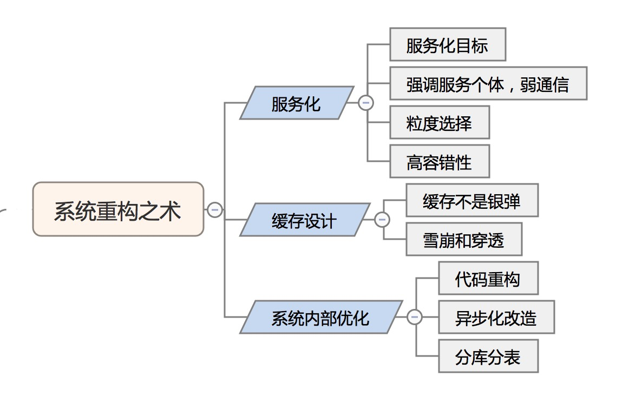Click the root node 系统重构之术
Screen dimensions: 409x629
[118, 209]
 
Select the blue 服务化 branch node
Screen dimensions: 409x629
[296, 103]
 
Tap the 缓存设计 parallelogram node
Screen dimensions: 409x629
[304, 220]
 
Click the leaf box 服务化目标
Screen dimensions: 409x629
[447, 45]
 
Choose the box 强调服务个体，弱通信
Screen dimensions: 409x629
[488, 84]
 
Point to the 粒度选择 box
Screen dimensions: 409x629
[439, 123]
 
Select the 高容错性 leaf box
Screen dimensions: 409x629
[439, 162]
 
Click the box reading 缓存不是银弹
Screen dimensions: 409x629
[471, 201]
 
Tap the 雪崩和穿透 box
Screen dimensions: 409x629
[463, 240]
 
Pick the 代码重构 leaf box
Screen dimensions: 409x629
[488, 279]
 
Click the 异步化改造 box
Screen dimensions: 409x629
[496, 318]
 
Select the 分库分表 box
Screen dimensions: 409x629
[488, 357]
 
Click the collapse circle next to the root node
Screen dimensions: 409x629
[215, 209]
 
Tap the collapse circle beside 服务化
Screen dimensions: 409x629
[366, 103]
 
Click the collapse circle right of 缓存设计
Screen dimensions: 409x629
[382, 220]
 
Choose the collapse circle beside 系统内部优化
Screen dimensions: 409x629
[415, 317]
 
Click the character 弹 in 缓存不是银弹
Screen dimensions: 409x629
[512, 201]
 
